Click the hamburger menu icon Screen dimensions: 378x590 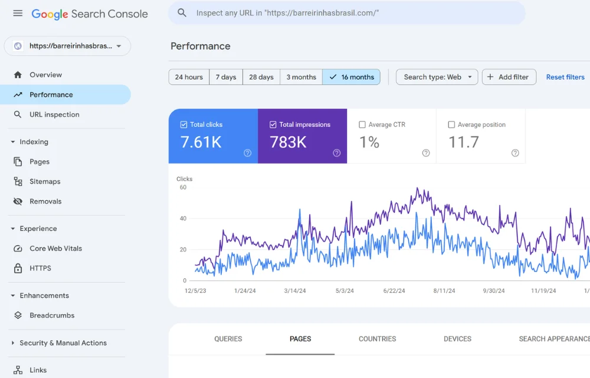18,13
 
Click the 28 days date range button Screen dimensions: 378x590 261,77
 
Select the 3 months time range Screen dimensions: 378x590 301,77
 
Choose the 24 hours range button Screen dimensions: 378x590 189,77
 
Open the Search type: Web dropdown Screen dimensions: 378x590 437,77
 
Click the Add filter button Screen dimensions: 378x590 509,77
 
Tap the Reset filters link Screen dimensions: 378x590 565,77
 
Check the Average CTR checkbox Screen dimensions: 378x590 362,125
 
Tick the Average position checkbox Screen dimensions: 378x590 451,125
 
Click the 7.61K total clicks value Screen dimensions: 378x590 201,142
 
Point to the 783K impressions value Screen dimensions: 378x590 288,142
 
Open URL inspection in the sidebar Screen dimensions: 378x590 54,115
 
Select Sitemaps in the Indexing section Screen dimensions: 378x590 45,181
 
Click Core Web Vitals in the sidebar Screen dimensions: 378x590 55,249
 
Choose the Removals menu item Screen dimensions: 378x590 45,201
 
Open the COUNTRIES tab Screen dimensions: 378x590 377,339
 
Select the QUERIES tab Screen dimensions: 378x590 228,339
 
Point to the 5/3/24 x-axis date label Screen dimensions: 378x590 345,291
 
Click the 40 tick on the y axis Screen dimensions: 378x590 183,219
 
